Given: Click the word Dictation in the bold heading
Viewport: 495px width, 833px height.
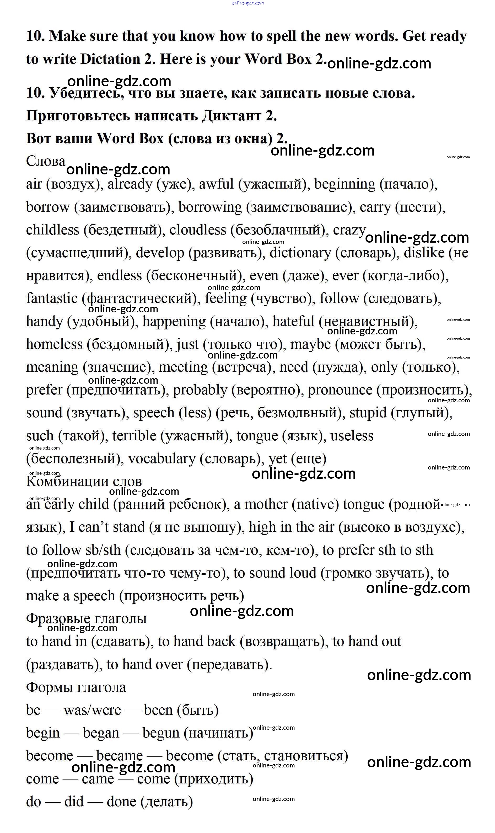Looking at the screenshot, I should click(x=110, y=59).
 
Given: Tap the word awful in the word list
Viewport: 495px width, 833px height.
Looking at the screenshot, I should click(x=216, y=184).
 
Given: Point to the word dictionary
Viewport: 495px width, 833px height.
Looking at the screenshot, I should click(x=300, y=253).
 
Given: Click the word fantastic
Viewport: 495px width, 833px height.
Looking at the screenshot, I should click(x=52, y=298).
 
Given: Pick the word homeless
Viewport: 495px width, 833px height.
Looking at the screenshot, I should click(x=54, y=344).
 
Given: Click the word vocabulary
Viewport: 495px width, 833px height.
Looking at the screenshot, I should click(x=162, y=459).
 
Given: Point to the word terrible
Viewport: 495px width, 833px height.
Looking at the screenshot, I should click(x=134, y=436).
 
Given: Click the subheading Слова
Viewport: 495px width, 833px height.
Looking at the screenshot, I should click(x=46, y=161).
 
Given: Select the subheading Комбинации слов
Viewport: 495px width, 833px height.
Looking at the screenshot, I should click(x=84, y=481).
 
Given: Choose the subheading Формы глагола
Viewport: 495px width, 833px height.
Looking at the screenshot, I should click(x=76, y=687).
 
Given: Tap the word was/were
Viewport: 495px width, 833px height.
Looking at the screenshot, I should click(x=92, y=711).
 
